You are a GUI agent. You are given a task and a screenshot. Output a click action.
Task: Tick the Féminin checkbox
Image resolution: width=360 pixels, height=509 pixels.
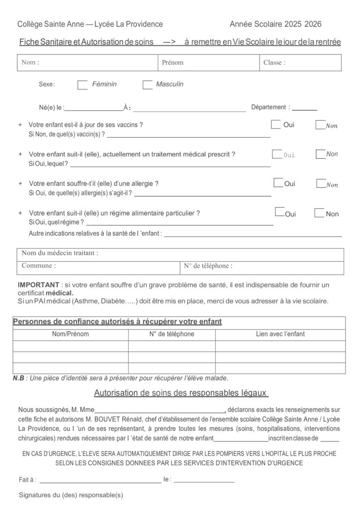[x=83, y=85]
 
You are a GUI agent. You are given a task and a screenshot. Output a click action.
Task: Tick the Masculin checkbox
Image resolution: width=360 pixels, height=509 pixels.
[x=147, y=85]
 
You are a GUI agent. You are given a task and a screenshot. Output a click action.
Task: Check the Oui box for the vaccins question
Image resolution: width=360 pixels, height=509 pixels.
[x=275, y=124]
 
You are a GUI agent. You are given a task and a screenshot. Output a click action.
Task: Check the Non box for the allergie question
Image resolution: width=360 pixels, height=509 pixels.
[x=321, y=184]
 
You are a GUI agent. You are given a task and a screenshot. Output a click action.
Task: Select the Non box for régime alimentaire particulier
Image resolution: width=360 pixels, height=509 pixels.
[x=319, y=213]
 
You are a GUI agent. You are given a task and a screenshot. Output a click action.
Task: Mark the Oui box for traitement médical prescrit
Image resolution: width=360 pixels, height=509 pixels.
[x=277, y=154]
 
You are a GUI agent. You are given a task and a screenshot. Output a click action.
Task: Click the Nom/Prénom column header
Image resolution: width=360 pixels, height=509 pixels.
[x=71, y=334]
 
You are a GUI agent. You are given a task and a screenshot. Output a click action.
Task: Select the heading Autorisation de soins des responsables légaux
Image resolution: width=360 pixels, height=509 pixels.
[x=181, y=393]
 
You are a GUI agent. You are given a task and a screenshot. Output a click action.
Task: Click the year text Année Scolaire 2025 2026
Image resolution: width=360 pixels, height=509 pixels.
[x=275, y=24]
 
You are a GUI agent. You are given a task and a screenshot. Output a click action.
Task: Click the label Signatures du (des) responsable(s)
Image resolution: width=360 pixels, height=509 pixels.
[x=71, y=495]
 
